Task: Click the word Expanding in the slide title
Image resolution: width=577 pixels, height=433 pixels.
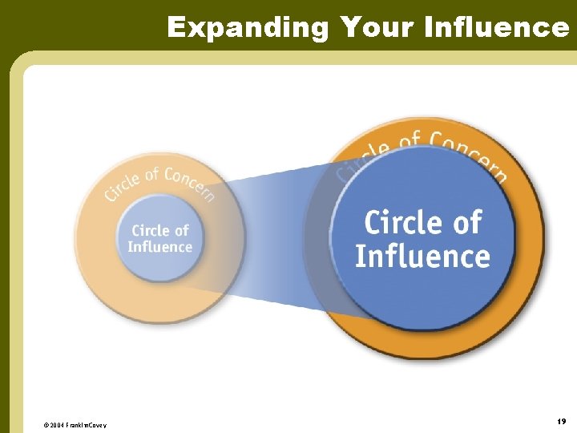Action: coord(248,27)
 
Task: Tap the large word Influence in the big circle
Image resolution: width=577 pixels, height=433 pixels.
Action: coord(422,256)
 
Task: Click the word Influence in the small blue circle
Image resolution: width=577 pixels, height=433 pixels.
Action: coord(159,247)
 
